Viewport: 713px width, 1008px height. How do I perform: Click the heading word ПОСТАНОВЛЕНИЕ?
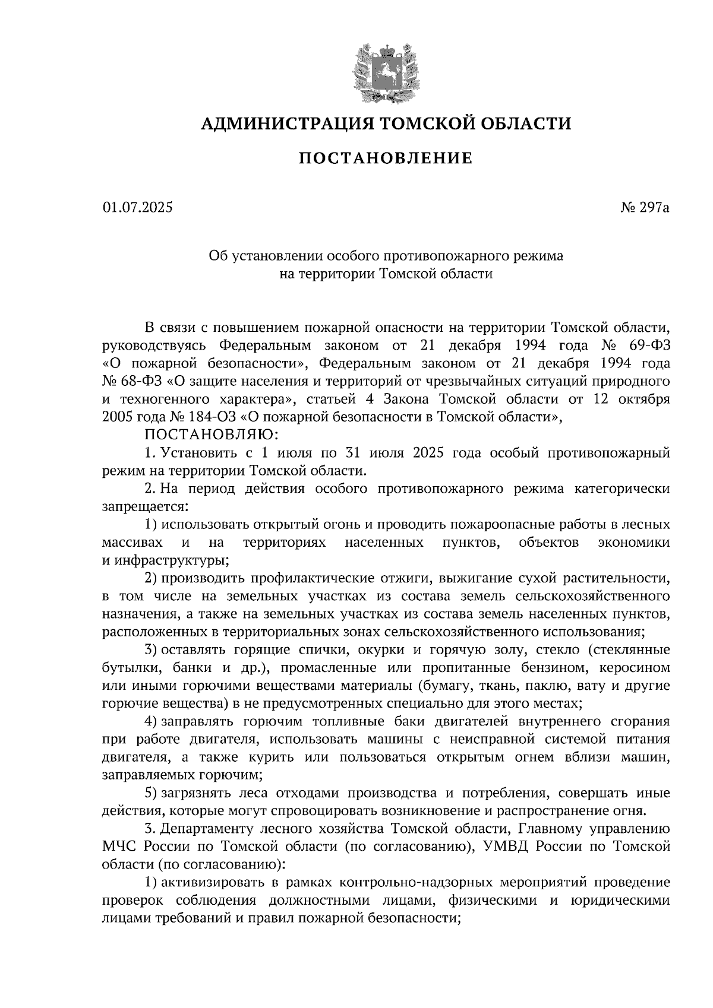(385, 159)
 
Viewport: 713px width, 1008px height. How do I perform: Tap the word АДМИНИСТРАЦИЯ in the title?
(288, 123)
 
